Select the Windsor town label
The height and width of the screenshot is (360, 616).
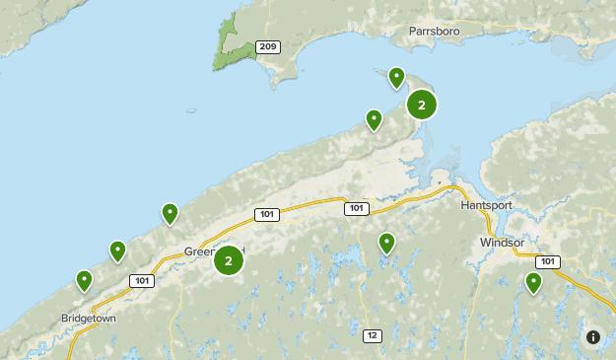pos(502,242)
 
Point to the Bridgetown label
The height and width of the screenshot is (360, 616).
pos(89,320)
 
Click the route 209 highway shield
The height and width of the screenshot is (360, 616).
pos(266,46)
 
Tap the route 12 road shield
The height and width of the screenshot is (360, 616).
pos(371,335)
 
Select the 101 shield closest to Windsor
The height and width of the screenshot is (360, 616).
pos(547,262)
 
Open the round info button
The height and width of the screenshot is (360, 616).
pos(592,336)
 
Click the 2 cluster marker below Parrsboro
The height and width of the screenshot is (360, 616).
pos(422,106)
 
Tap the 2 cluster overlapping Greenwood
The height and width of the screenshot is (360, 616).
pos(229,260)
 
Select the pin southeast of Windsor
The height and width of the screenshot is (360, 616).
pos(533,282)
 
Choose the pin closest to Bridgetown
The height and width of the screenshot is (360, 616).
pos(85,281)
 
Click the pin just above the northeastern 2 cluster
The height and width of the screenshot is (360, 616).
pos(396,77)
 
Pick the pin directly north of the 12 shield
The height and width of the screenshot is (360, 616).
pos(386,243)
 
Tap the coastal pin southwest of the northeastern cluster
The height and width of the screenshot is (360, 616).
pos(374,119)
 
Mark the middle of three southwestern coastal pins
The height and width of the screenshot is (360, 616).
pos(117,251)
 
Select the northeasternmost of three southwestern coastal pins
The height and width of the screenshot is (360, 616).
pos(170,212)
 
